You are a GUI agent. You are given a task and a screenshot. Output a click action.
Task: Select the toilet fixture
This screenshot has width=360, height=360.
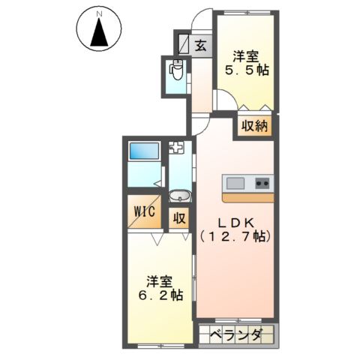click(177, 71)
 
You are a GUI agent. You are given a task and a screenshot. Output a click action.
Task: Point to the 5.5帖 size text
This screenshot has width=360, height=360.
click(248, 70)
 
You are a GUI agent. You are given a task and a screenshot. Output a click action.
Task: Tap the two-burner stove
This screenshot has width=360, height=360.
click(262, 183)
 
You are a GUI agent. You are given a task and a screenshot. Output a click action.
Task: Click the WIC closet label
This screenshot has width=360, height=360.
click(144, 211)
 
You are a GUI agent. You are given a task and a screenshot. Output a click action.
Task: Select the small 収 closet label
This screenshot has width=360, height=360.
click(180, 218)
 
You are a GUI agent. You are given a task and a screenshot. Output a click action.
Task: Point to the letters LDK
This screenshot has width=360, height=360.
click(235, 222)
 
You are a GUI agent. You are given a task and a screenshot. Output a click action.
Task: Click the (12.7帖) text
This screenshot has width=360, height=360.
click(235, 236)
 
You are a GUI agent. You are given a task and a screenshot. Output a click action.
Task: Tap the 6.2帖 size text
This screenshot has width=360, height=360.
click(160, 295)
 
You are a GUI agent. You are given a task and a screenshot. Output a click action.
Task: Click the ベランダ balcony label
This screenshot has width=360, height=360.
click(235, 335)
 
